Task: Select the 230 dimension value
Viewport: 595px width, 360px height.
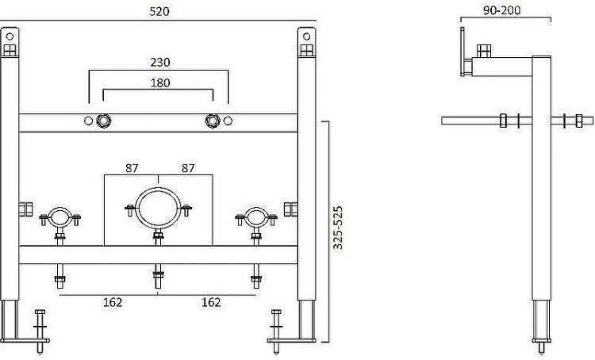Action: tap(159, 62)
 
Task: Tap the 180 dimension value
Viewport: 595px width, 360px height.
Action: tap(159, 82)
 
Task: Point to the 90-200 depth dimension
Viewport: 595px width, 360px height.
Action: tap(503, 12)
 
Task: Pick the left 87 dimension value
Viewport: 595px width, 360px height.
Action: tap(132, 168)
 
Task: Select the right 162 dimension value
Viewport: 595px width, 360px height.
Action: tap(210, 302)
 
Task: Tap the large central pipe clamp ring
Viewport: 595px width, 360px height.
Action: tap(158, 208)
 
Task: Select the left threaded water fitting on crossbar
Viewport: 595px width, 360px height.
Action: tap(103, 121)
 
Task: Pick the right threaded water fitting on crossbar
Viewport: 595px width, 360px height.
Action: tap(213, 121)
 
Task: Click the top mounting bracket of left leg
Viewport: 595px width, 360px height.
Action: tap(10, 44)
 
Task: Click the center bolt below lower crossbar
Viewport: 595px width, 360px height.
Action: tap(158, 278)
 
